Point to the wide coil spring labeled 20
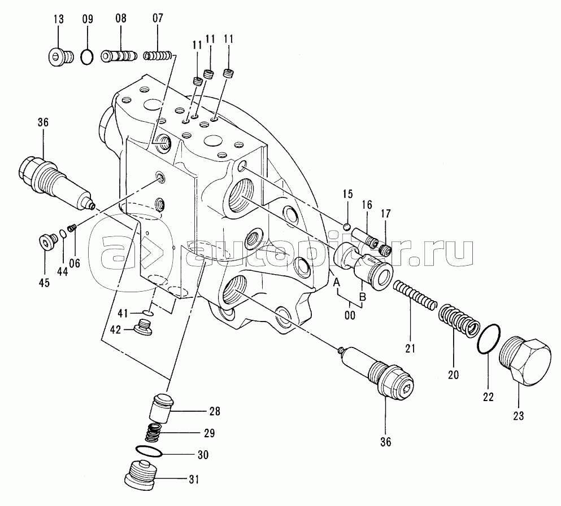458,321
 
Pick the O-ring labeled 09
87,56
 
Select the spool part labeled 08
119,56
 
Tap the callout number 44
62,271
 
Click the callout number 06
74,262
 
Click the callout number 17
385,214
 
